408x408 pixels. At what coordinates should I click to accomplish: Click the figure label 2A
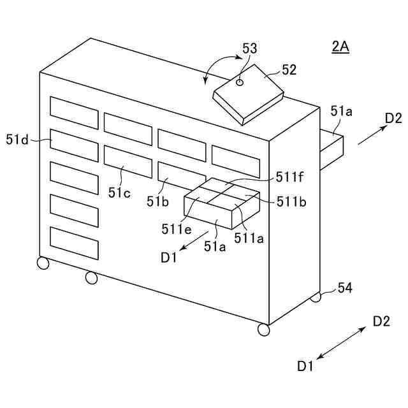click(x=340, y=47)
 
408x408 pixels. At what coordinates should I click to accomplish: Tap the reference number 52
click(x=289, y=70)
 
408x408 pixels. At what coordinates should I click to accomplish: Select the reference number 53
click(x=250, y=48)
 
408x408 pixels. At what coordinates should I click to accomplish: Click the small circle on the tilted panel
click(x=240, y=82)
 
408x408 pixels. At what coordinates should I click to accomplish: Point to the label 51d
click(x=17, y=138)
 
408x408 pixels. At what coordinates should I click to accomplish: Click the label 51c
click(x=119, y=192)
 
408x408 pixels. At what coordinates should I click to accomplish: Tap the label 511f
click(x=290, y=177)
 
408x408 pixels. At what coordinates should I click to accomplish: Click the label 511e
click(x=175, y=227)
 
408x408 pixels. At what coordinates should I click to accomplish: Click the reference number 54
click(x=345, y=288)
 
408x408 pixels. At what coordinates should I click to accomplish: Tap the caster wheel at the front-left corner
click(x=43, y=263)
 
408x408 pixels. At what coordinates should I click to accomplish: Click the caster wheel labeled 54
click(x=316, y=297)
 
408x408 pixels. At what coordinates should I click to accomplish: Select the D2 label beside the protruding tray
click(x=393, y=118)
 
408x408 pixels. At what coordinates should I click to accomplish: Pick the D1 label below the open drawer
click(x=169, y=257)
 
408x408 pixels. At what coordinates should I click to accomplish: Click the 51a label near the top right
click(x=341, y=111)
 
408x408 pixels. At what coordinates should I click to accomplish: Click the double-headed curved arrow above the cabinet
click(x=217, y=67)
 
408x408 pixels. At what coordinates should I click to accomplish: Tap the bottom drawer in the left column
click(x=75, y=243)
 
